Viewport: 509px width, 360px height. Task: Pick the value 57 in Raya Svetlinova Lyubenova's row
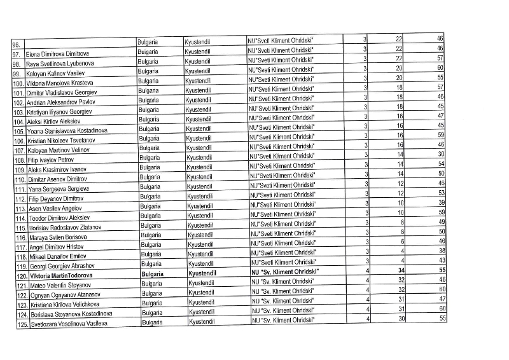(x=440, y=58)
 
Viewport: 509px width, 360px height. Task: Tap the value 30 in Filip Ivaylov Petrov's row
(x=440, y=154)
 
